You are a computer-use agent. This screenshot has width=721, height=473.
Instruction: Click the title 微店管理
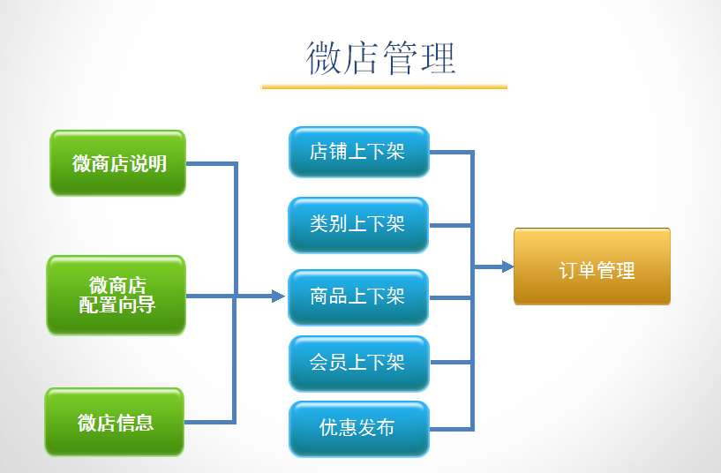click(x=381, y=57)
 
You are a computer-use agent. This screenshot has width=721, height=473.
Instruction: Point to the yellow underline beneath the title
click(x=384, y=86)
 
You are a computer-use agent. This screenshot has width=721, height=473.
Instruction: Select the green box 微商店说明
click(x=117, y=163)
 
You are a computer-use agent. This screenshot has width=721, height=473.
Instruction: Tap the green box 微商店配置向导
click(x=116, y=296)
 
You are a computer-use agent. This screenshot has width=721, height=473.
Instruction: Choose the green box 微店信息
click(x=115, y=422)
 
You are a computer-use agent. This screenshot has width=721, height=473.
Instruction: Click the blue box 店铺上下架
click(x=358, y=152)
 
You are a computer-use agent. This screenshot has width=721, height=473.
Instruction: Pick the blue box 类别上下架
click(x=358, y=224)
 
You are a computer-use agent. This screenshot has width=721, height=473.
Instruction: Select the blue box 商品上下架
click(x=358, y=297)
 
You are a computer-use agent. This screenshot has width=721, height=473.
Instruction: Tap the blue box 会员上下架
click(x=358, y=363)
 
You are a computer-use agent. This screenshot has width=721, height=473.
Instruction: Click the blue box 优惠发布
click(x=358, y=429)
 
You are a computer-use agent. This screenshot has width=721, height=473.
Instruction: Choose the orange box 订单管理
click(x=592, y=267)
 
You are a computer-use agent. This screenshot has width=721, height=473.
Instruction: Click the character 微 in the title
click(x=324, y=57)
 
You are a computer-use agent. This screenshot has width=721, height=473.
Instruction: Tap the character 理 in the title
click(x=439, y=57)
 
